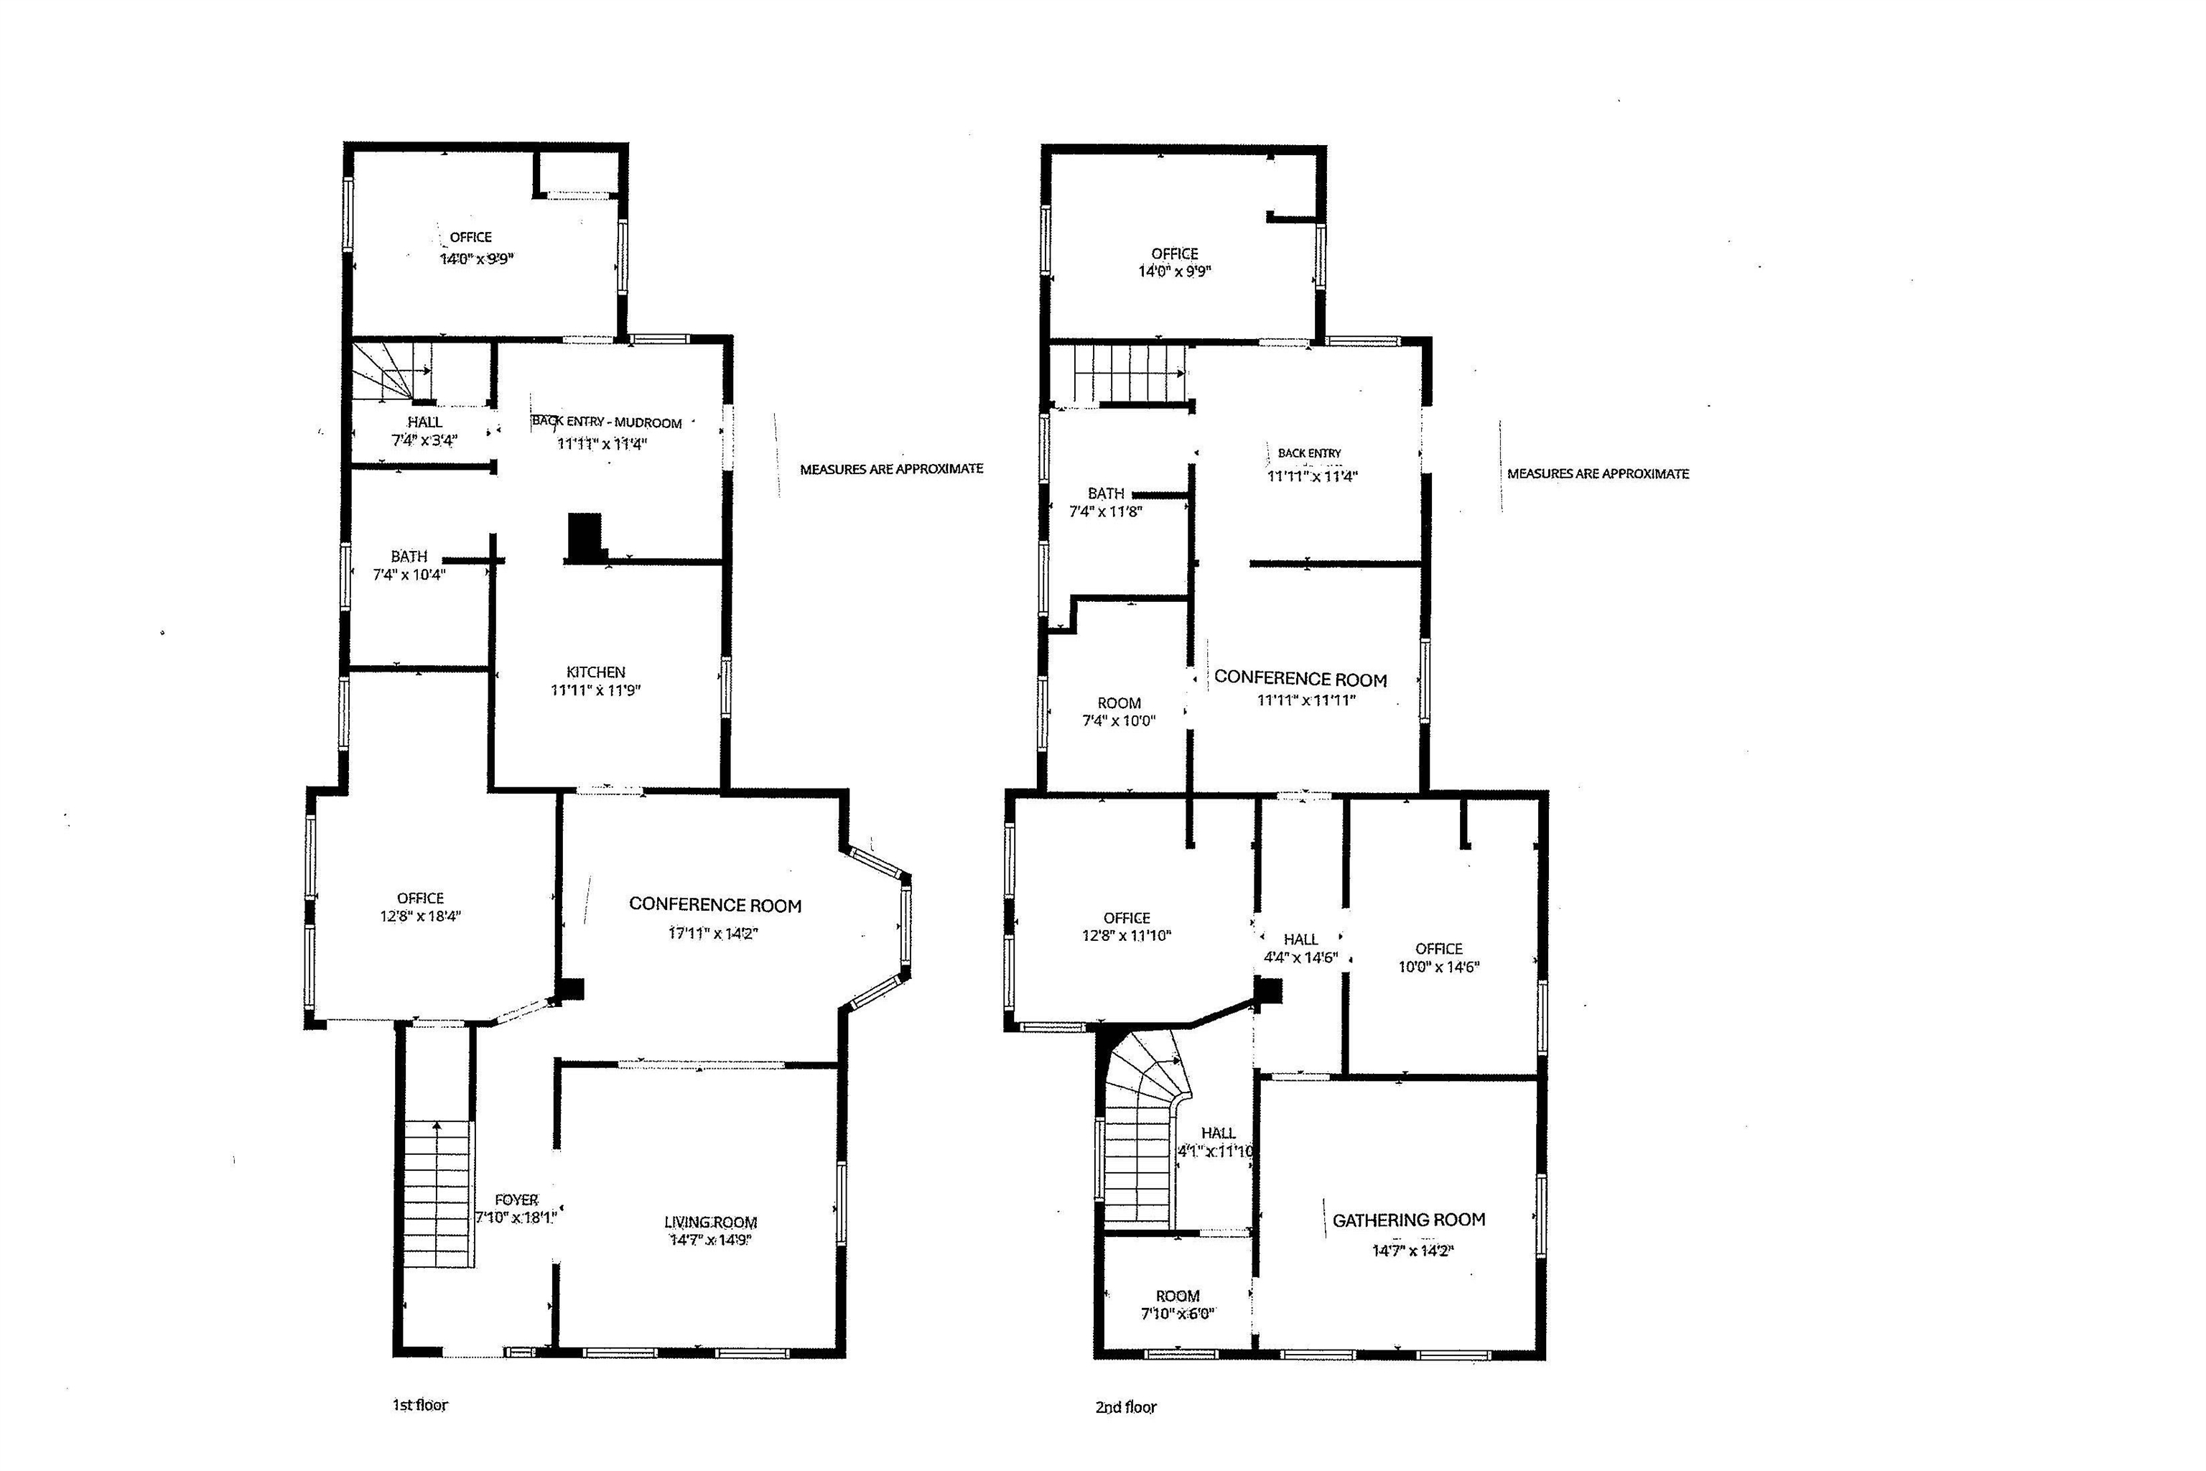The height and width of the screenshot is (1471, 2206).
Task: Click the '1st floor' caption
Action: click(419, 1404)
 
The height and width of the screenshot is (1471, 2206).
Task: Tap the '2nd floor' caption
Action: click(1125, 1407)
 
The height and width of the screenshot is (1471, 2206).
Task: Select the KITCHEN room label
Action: click(595, 672)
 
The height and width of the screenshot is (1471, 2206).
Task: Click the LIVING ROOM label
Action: click(710, 1222)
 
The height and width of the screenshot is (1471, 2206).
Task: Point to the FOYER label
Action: click(516, 1200)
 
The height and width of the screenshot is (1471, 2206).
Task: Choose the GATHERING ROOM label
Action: click(1409, 1220)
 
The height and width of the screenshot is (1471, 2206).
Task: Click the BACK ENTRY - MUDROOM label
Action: click(607, 422)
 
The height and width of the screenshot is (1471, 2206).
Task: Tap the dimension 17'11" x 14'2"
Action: click(713, 934)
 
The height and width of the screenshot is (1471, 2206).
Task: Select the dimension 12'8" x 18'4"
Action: click(420, 917)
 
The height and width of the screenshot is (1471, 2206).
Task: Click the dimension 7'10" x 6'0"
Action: click(1177, 1314)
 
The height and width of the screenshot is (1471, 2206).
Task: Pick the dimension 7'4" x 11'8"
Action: click(1106, 512)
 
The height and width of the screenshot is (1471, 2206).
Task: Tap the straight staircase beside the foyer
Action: click(437, 1192)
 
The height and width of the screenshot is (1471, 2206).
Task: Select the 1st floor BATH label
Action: click(409, 557)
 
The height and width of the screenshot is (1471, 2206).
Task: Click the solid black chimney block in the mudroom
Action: click(585, 537)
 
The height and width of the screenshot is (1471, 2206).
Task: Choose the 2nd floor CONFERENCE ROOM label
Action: click(1300, 678)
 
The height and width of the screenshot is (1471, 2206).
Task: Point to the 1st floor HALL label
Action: click(425, 422)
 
